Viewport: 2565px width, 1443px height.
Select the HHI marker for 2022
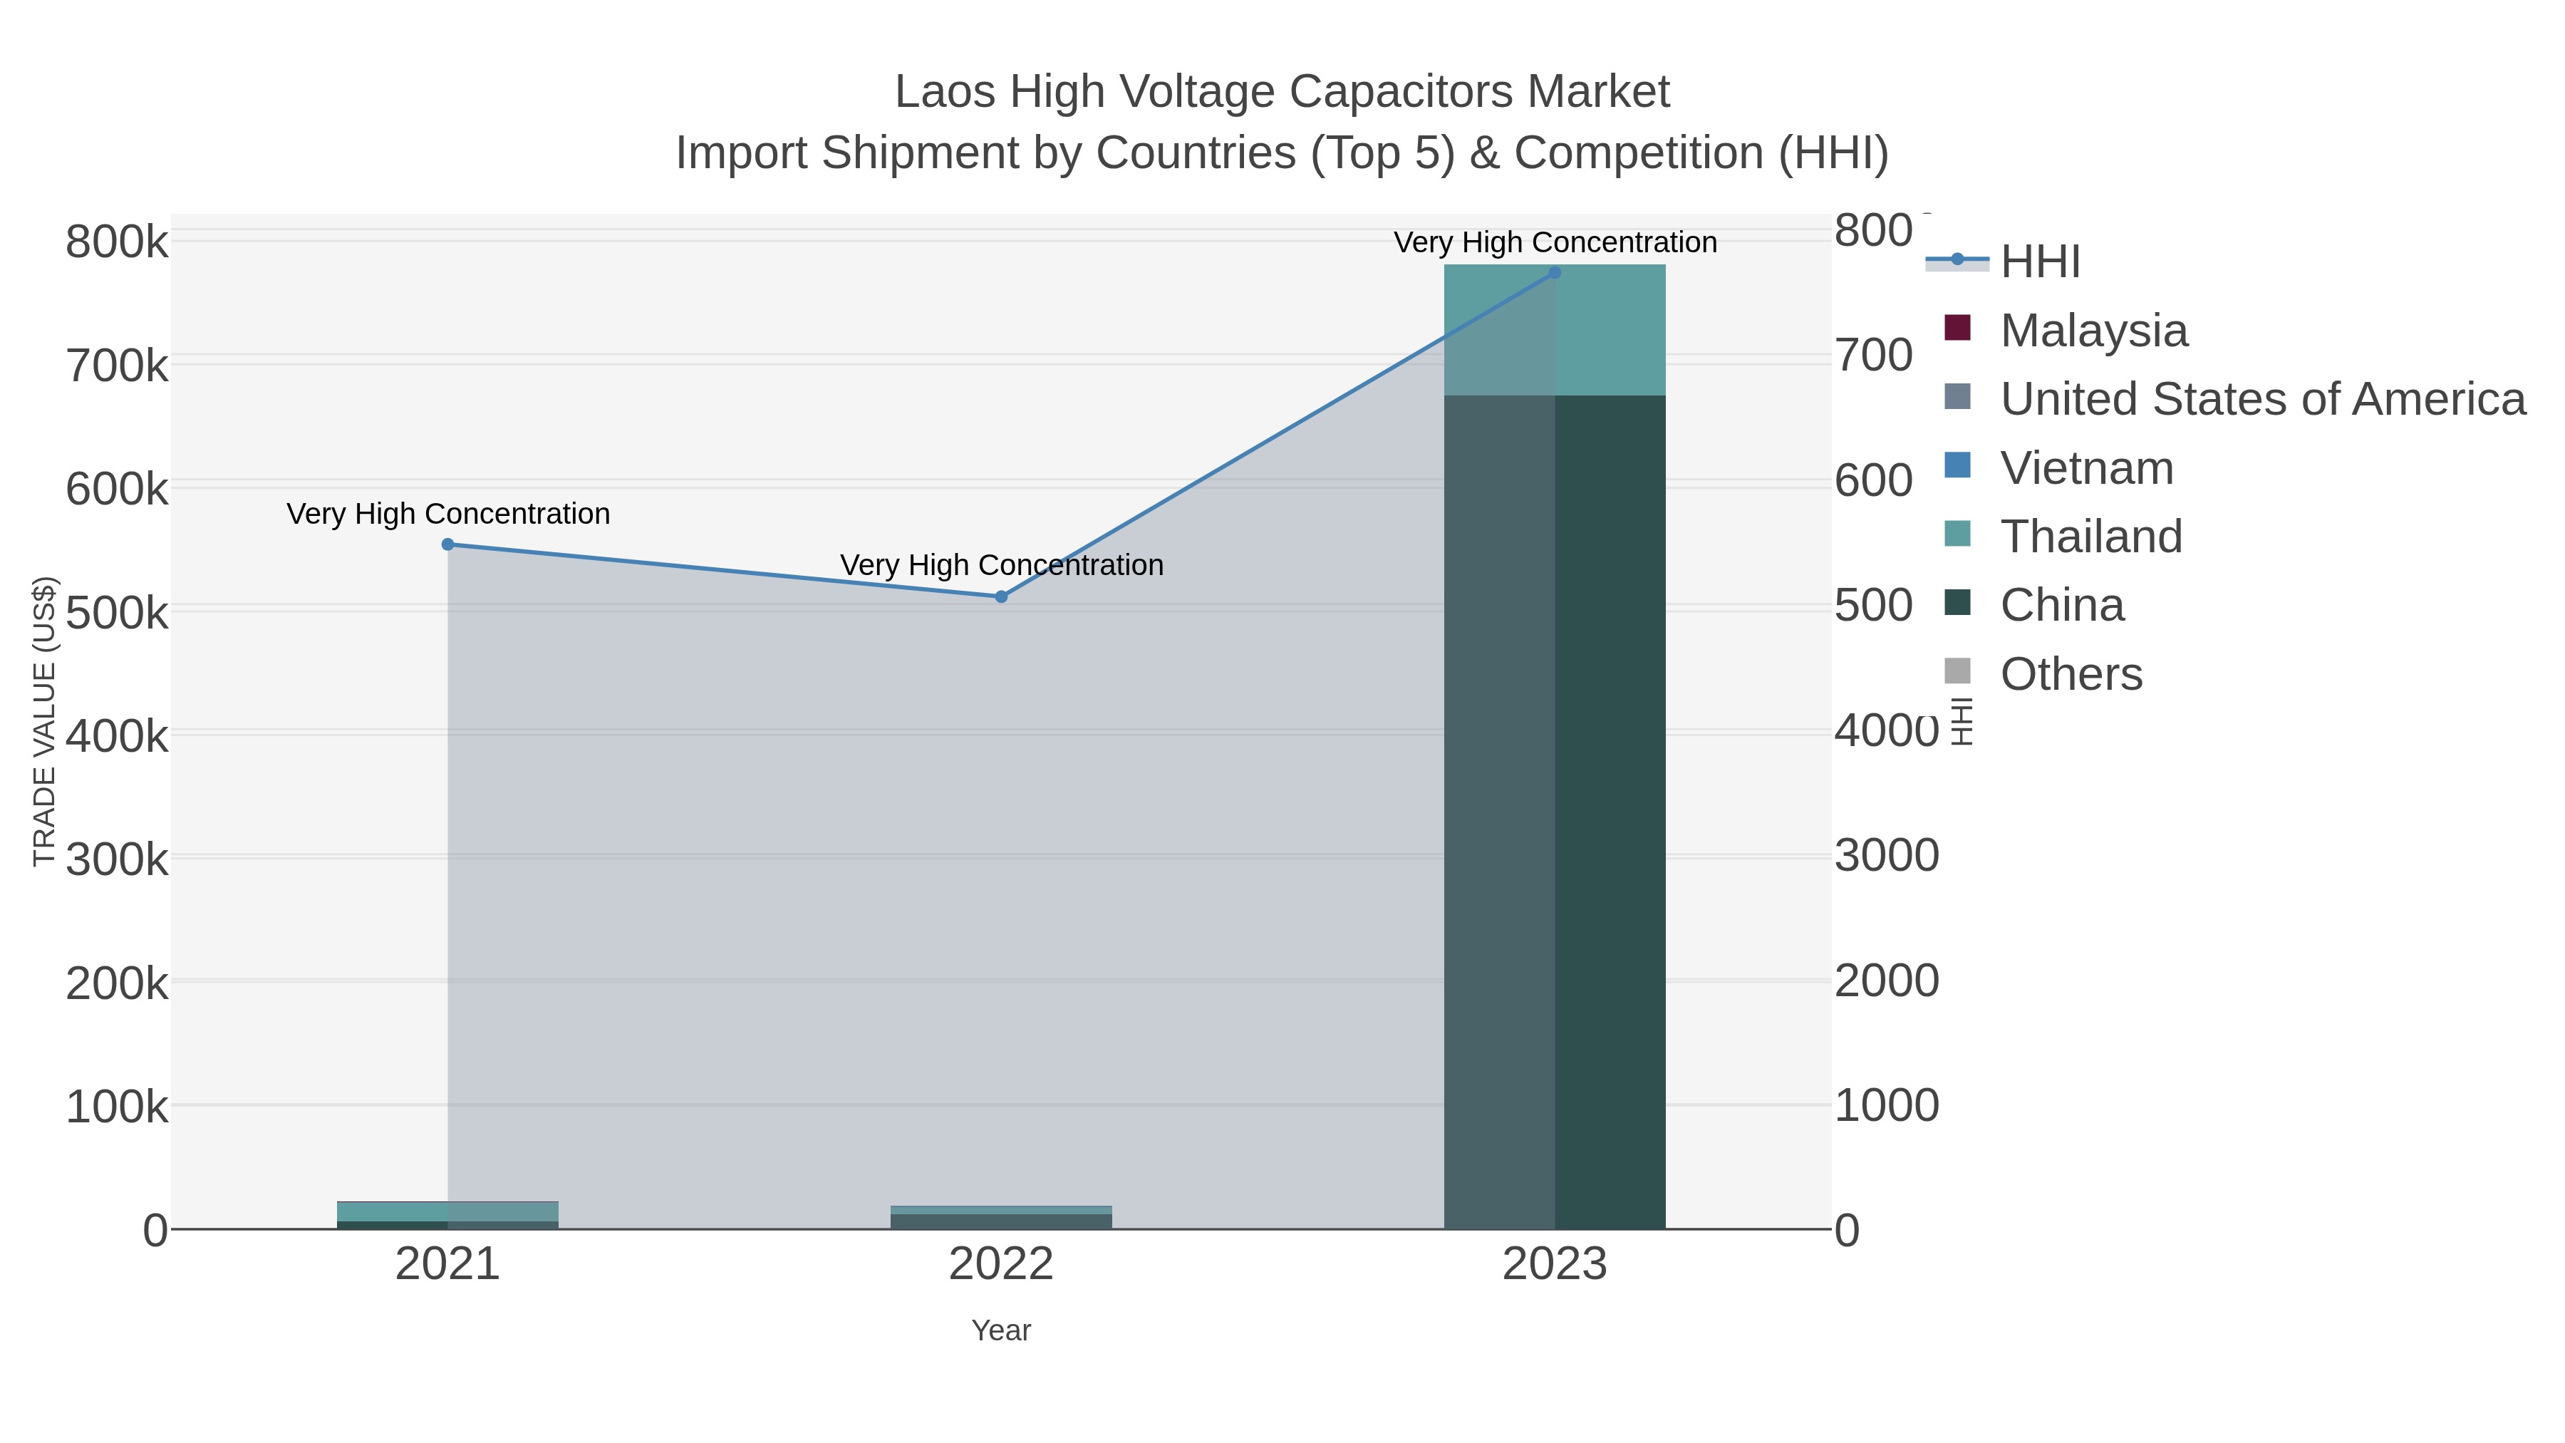[1001, 596]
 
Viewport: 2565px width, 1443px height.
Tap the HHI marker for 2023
[1555, 273]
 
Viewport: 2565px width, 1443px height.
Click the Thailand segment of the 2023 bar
[1555, 331]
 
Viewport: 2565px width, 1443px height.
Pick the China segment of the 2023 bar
[1555, 812]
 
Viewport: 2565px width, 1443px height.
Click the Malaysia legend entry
[2093, 331]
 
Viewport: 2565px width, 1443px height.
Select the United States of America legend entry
[2260, 399]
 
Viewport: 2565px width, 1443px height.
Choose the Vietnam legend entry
[2086, 468]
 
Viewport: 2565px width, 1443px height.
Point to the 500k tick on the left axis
[117, 612]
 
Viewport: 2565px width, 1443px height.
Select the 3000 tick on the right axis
[1886, 855]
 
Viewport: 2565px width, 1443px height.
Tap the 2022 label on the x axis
[1001, 1265]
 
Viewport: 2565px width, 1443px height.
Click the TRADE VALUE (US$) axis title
[45, 721]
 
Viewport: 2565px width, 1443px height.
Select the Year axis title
[1001, 1330]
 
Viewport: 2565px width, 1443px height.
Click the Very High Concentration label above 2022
[1001, 566]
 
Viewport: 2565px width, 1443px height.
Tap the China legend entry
[2061, 606]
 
